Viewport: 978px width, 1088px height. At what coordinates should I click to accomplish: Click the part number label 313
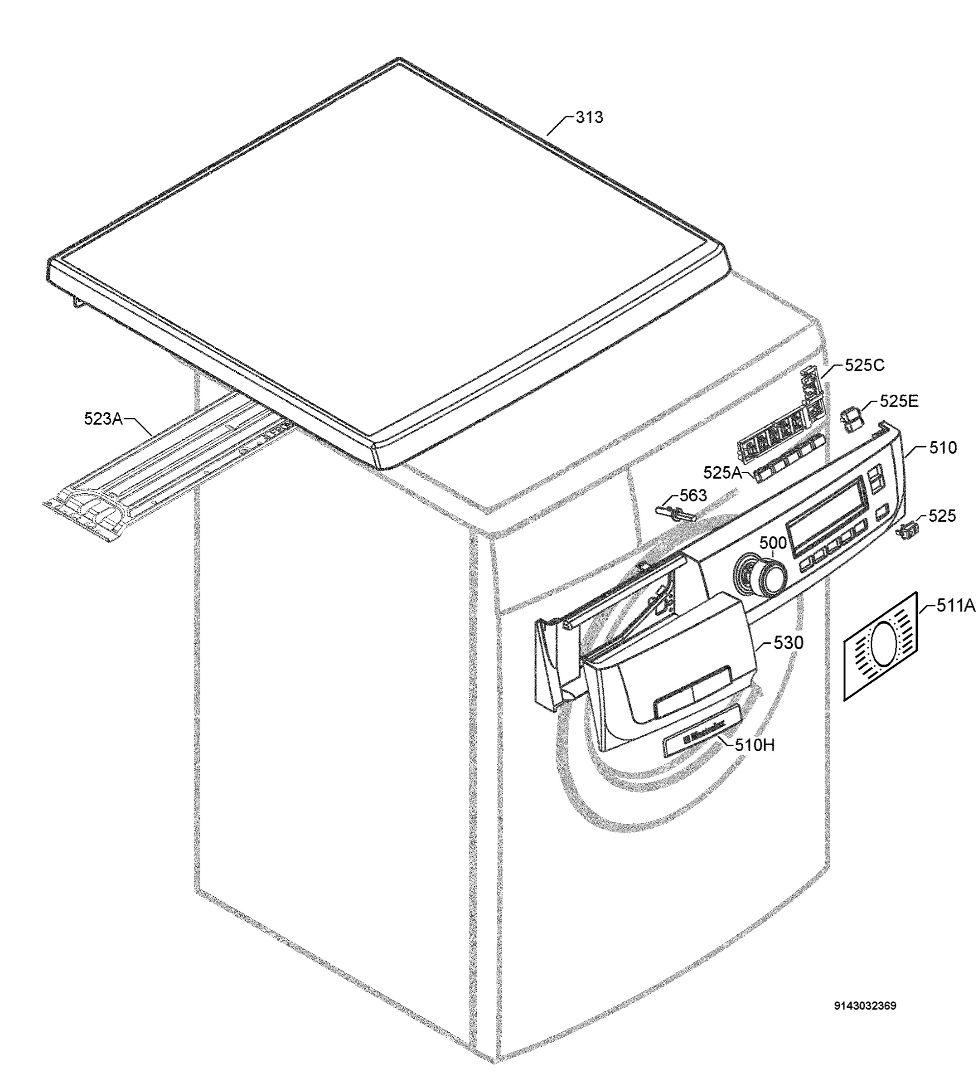tap(589, 117)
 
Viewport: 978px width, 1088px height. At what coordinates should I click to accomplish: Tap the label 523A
tap(103, 418)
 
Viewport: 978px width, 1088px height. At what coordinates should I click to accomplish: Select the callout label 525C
tap(865, 365)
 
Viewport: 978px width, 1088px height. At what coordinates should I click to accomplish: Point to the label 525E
tap(899, 401)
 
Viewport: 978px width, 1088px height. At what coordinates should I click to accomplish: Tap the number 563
tap(693, 495)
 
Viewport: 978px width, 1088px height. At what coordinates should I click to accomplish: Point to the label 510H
tap(755, 745)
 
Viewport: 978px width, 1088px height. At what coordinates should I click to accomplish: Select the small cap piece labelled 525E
tap(850, 418)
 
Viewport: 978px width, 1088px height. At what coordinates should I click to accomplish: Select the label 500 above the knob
tap(773, 543)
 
